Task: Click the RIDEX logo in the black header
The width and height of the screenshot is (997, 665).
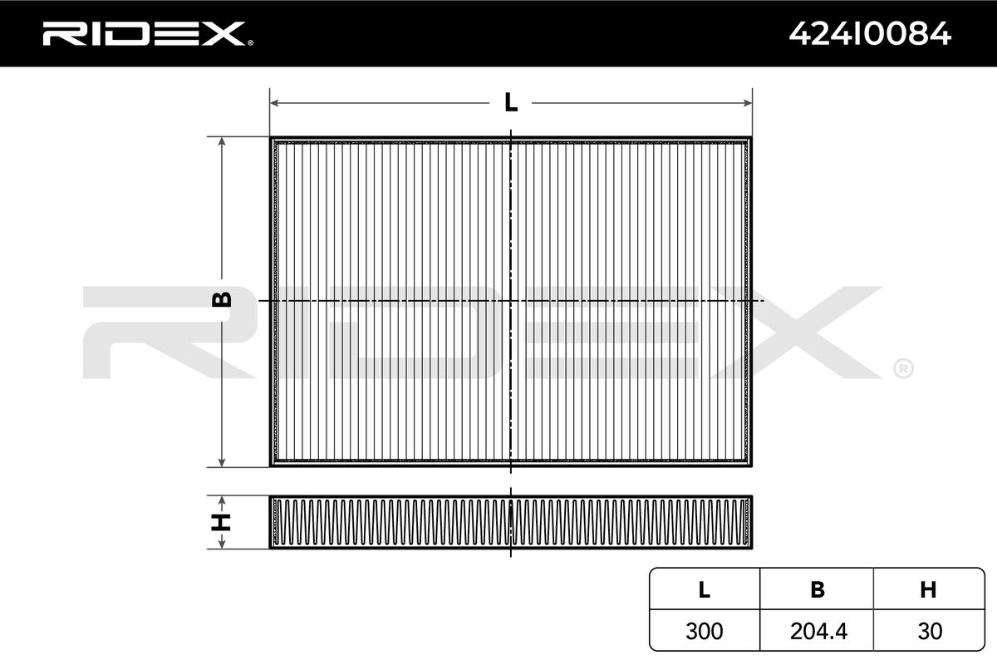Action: [147, 33]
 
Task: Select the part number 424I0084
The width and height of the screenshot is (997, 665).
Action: [870, 34]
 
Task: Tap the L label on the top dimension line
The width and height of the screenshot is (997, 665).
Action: [511, 102]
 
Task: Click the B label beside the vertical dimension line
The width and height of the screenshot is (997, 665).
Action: [222, 299]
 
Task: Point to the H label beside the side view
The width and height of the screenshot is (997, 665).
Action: [221, 522]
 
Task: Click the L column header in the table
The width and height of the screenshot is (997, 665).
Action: [705, 589]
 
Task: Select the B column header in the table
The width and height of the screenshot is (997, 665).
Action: [818, 589]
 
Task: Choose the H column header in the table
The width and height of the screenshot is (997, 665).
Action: [928, 589]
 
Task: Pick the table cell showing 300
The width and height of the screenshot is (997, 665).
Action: [705, 631]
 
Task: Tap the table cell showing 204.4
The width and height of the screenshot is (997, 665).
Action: [818, 631]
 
